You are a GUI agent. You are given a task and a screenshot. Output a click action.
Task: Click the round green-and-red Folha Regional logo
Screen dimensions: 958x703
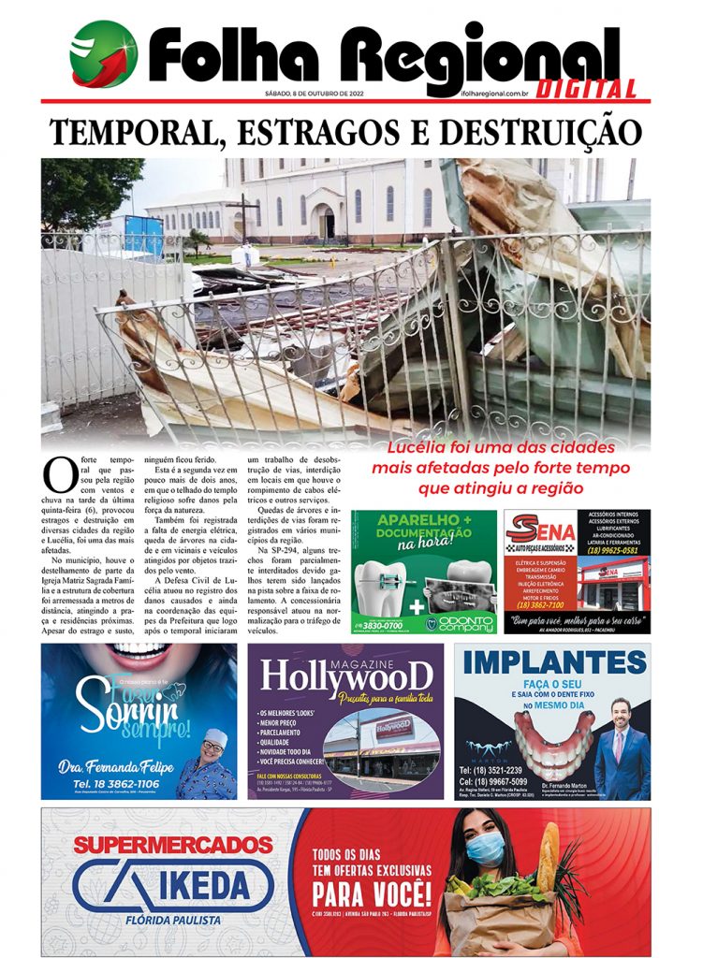point(103,54)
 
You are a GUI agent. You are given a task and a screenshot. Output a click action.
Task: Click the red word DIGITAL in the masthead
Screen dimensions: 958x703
point(589,90)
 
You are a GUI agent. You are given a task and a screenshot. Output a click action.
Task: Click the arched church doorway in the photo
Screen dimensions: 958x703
point(326,222)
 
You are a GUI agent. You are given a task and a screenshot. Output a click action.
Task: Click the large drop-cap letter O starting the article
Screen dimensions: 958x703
point(60,474)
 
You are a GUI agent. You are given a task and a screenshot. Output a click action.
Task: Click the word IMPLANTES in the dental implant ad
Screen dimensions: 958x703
point(553,663)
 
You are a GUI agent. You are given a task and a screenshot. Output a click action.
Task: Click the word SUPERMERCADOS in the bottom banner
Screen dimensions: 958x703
point(172,846)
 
